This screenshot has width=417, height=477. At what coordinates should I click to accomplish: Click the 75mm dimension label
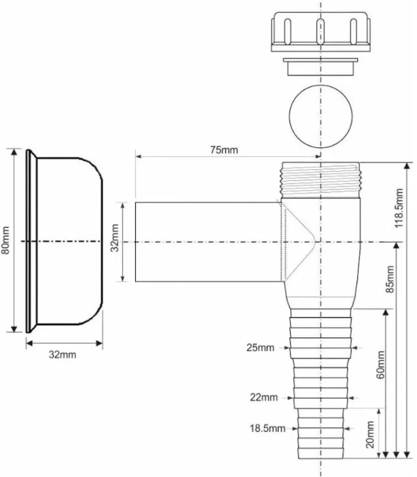pyautogui.click(x=224, y=150)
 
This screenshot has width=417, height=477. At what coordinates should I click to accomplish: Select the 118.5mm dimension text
pyautogui.click(x=398, y=208)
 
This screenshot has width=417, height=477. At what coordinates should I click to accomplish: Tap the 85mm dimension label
pyautogui.click(x=389, y=279)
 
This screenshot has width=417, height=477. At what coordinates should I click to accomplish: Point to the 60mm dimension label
pyautogui.click(x=380, y=365)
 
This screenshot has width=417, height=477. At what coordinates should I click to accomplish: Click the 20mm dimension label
pyautogui.click(x=370, y=435)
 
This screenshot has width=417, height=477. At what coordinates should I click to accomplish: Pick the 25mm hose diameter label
pyautogui.click(x=260, y=348)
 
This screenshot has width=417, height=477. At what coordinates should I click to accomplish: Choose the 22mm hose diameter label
pyautogui.click(x=264, y=398)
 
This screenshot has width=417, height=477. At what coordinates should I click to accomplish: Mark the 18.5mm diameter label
pyautogui.click(x=267, y=429)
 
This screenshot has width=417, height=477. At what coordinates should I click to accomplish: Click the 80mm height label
pyautogui.click(x=5, y=240)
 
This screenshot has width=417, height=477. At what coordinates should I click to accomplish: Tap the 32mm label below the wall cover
pyautogui.click(x=62, y=354)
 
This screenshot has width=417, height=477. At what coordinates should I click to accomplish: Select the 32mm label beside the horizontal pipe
pyautogui.click(x=115, y=238)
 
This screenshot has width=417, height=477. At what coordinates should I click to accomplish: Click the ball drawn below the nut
pyautogui.click(x=321, y=116)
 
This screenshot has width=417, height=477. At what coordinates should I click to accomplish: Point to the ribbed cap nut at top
pyautogui.click(x=321, y=31)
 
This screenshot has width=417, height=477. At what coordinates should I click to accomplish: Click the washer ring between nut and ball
pyautogui.click(x=321, y=66)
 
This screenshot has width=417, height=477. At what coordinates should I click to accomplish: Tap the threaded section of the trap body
pyautogui.click(x=321, y=180)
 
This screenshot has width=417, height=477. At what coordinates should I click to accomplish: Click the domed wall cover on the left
pyautogui.click(x=64, y=241)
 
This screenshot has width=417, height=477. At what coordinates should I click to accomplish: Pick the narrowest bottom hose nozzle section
pyautogui.click(x=321, y=433)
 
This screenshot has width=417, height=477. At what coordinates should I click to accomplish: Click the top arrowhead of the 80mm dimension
pyautogui.click(x=14, y=151)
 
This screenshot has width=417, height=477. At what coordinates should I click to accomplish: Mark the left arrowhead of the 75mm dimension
pyautogui.click(x=138, y=157)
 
